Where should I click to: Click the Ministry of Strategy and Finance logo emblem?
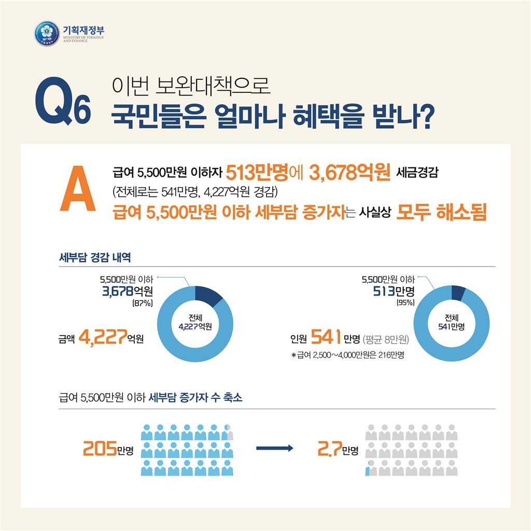[46, 33]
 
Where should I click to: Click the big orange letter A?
[78, 189]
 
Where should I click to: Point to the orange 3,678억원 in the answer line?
[350, 172]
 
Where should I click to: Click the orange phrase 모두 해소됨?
[441, 213]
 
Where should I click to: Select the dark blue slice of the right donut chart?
[458, 292]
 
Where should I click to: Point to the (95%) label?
[403, 302]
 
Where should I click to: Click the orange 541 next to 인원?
[325, 339]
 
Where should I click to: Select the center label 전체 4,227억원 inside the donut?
[195, 322]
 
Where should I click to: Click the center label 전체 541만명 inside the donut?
[451, 322]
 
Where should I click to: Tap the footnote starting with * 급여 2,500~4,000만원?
[347, 356]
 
